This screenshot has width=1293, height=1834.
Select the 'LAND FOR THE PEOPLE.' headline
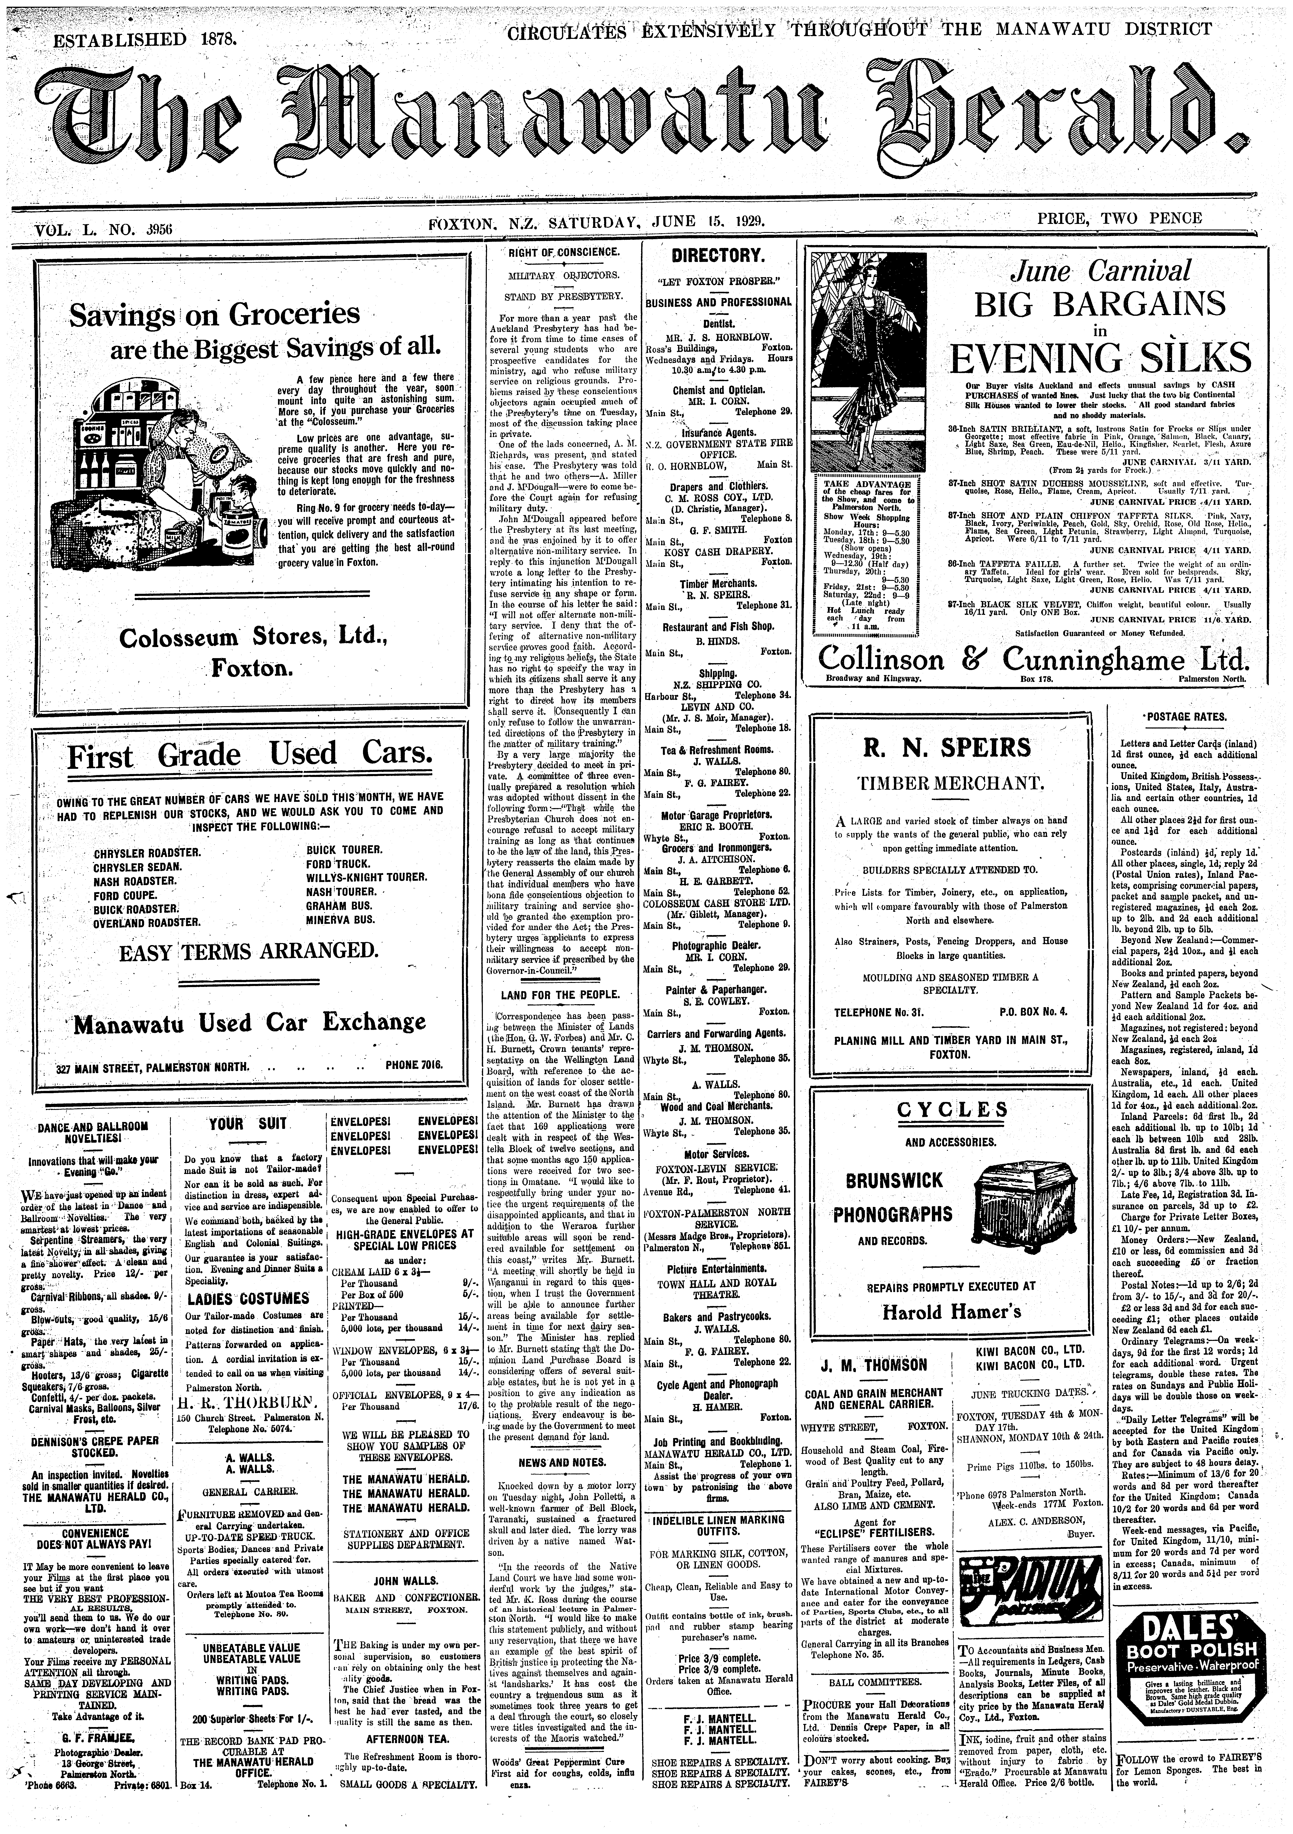coord(559,994)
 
